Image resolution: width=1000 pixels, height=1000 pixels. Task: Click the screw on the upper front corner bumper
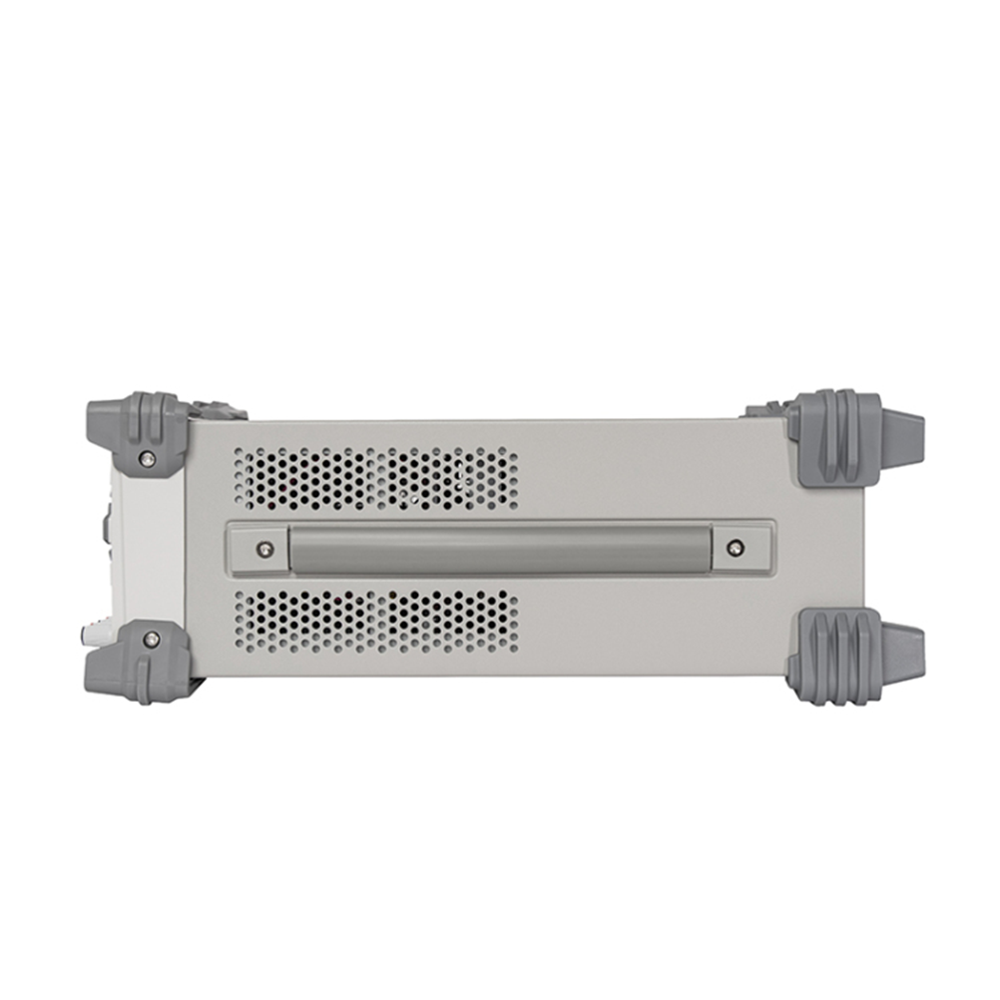point(148,458)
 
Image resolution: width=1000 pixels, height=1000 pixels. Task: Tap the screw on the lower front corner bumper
point(151,638)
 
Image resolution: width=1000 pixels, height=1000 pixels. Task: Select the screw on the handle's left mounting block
point(263,548)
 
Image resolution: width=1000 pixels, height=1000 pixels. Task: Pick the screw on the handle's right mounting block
point(736,548)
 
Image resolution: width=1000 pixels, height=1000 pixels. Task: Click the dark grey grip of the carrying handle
point(499,548)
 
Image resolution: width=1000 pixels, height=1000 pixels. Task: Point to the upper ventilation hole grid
point(375,478)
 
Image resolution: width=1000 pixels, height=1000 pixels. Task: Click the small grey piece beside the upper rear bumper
point(766,409)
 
